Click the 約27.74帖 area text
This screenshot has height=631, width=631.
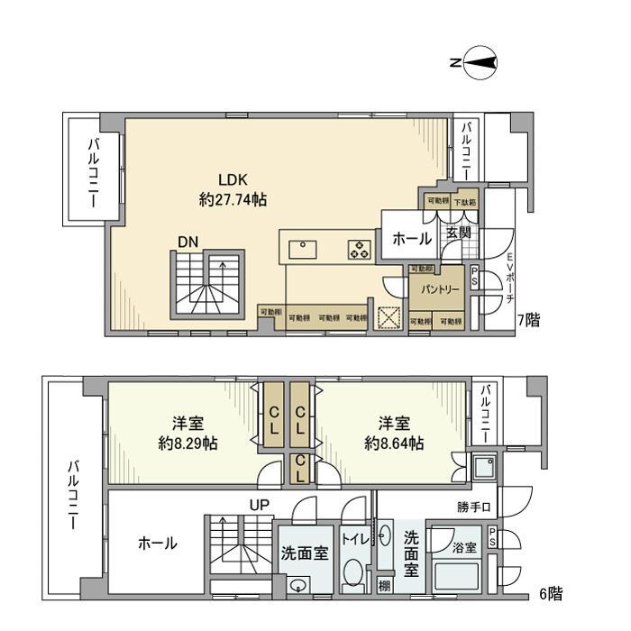(232, 200)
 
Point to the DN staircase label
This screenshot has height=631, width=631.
(187, 242)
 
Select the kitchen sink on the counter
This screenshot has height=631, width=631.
(299, 248)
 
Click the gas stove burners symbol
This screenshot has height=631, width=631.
(359, 249)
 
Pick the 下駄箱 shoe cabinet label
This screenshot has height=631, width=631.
(465, 202)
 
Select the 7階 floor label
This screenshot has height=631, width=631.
(528, 320)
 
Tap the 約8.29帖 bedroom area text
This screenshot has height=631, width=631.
(187, 444)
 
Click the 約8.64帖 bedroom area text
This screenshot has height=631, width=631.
(394, 444)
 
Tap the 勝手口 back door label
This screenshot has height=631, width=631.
(473, 508)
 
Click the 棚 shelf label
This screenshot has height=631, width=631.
(385, 588)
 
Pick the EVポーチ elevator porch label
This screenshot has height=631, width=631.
(509, 279)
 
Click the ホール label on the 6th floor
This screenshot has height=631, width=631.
(157, 544)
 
